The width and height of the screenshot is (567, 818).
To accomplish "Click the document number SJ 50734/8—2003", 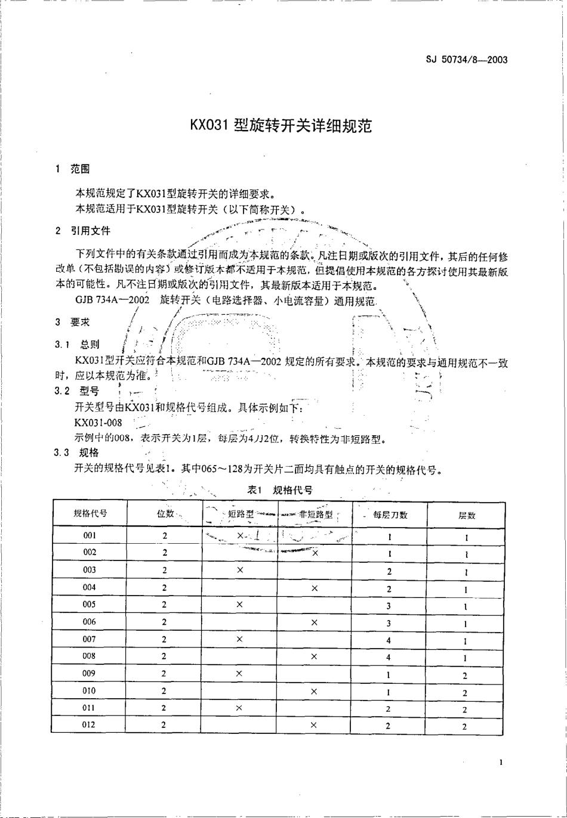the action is (467, 60).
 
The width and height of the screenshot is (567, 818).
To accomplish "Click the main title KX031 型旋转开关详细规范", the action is (281, 126).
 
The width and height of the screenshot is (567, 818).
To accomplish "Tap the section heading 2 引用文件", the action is (82, 230).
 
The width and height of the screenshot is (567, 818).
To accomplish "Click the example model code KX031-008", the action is (98, 422).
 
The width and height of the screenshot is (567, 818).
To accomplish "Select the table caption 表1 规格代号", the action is (281, 490).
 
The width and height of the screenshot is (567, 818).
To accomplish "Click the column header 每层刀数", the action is (390, 515).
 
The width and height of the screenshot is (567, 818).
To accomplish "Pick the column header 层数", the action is (467, 515).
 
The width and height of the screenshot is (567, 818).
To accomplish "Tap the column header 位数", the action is (165, 514).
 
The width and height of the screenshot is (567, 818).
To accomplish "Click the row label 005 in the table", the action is (90, 605).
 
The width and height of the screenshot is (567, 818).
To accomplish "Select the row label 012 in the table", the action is (90, 725).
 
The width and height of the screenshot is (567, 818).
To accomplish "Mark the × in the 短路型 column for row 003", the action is (239, 571).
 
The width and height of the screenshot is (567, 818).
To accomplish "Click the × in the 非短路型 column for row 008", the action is (314, 656).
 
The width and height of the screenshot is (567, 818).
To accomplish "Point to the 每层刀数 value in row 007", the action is (389, 640).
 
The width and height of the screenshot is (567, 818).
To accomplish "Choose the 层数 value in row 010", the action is (466, 693).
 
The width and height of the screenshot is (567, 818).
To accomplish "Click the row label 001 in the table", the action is (90, 535).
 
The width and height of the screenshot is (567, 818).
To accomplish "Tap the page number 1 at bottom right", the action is (501, 762).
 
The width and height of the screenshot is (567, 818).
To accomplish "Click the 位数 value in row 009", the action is (164, 674).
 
